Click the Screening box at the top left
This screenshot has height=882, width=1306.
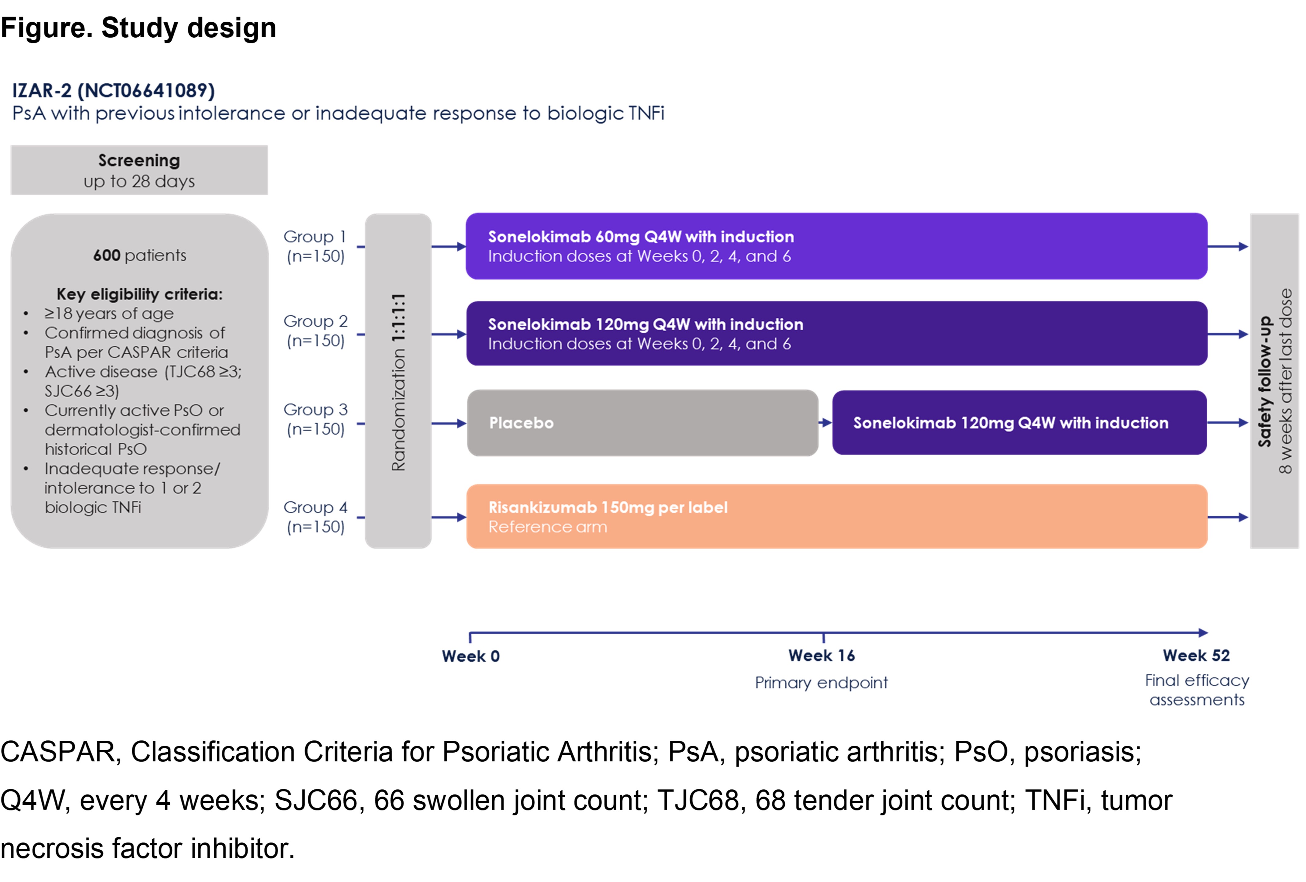(x=139, y=170)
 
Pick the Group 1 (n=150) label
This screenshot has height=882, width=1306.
(x=315, y=246)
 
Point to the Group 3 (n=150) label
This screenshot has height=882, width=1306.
(x=315, y=419)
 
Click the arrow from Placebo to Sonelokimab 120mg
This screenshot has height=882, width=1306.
(x=825, y=423)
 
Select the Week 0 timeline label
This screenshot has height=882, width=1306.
(x=470, y=656)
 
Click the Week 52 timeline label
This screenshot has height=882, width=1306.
(x=1196, y=655)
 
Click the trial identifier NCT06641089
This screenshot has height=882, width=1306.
(x=146, y=90)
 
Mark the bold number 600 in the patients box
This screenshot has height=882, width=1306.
(x=107, y=255)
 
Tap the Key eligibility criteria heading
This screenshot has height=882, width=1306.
(x=139, y=294)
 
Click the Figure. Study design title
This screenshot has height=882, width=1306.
(x=138, y=28)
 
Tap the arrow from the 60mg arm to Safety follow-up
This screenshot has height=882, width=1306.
(x=1228, y=246)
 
